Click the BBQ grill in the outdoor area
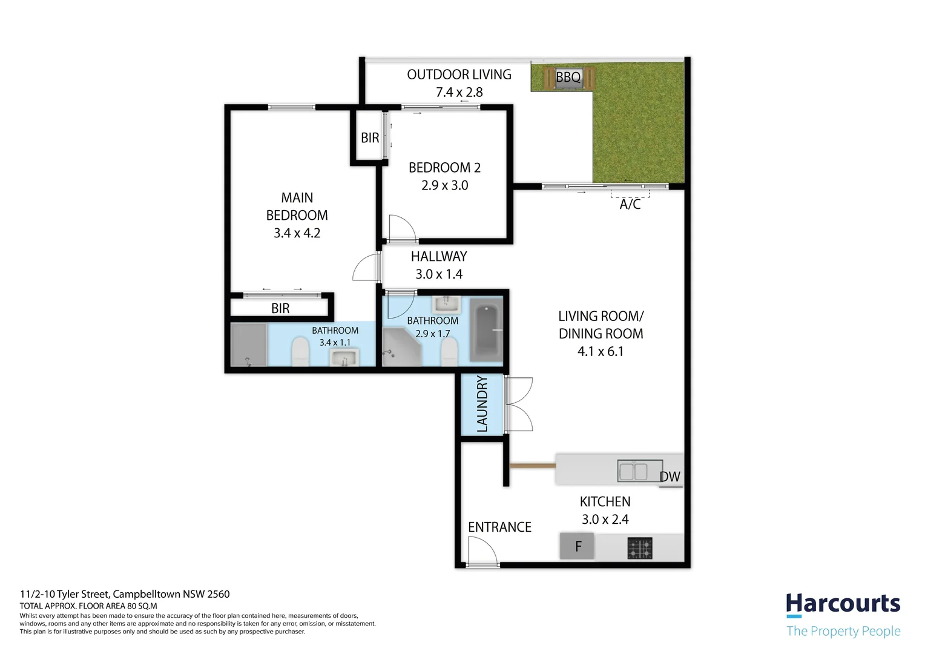click(568, 78)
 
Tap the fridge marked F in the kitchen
click(577, 546)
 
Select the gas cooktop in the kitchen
click(640, 548)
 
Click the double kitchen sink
click(640, 471)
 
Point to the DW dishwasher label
click(670, 477)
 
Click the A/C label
click(630, 204)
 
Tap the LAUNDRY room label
click(482, 404)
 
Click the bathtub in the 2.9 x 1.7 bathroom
click(486, 330)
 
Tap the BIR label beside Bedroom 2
click(370, 137)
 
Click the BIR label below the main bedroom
click(280, 308)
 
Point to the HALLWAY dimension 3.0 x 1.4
click(439, 274)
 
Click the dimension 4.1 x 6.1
click(601, 352)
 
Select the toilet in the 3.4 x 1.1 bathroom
click(300, 352)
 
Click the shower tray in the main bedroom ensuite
click(249, 345)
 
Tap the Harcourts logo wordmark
click(843, 604)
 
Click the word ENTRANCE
click(499, 527)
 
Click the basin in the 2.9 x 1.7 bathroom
click(446, 305)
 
